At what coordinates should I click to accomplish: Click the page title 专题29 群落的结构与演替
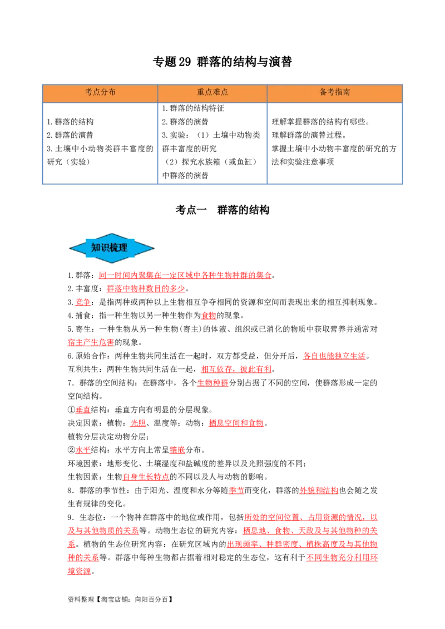pos(222,62)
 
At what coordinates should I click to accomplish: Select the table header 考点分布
pos(100,92)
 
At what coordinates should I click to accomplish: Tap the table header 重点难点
pos(212,92)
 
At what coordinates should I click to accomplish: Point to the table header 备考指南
pos(334,92)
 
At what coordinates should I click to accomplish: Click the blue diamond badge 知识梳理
pos(112,248)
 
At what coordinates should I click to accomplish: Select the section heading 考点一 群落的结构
pos(222,210)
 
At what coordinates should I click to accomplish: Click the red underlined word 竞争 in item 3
pos(83,302)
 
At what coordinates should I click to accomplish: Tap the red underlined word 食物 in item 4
pos(209,316)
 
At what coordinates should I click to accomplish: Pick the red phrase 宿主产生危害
pos(91,343)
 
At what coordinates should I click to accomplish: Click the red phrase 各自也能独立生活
pos(334,356)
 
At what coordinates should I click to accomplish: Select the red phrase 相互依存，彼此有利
pos(236,370)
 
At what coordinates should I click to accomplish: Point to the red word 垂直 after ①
pos(83,410)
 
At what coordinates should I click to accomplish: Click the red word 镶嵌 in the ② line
pos(177,450)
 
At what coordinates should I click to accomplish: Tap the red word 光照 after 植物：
pos(138,423)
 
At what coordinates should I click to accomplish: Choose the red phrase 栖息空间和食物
pos(236,423)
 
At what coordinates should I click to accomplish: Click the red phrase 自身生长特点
pos(146,477)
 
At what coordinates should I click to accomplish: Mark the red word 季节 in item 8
pos(236,491)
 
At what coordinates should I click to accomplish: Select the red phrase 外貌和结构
pos(319,491)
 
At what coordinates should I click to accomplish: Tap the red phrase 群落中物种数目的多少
pos(146,289)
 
